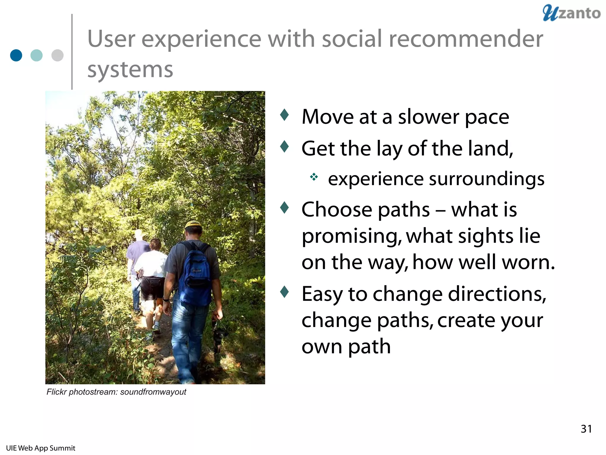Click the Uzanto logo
571,13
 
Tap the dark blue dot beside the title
16,55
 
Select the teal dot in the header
37,55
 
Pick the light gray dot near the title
57,55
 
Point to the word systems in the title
130,70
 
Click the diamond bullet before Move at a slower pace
284,115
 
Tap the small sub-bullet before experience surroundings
314,177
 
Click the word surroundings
486,180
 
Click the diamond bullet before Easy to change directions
284,292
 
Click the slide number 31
586,429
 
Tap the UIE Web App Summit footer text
41,448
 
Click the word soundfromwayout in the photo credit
153,392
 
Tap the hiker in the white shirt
151,267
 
